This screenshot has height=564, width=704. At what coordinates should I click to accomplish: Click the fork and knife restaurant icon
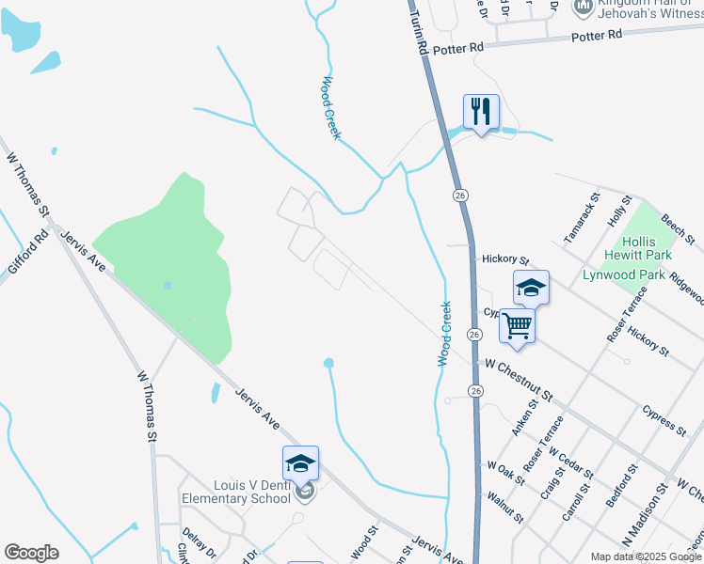tap(481, 112)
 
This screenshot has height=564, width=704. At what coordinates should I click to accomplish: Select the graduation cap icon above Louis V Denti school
tap(300, 463)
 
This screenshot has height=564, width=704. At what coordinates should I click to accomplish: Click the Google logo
tap(31, 553)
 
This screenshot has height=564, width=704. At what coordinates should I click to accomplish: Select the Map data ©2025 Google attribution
tap(646, 556)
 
